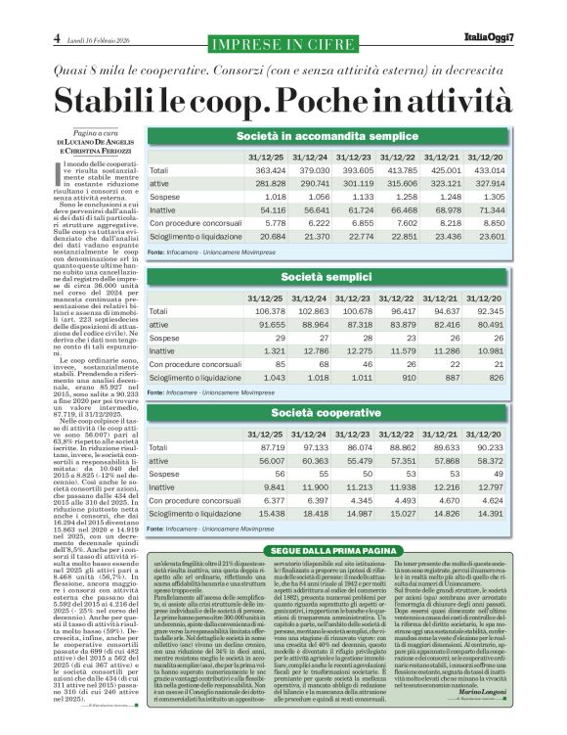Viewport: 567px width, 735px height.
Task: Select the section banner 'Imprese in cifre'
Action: pos(270,44)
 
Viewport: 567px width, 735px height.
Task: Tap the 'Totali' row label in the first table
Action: pos(158,169)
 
